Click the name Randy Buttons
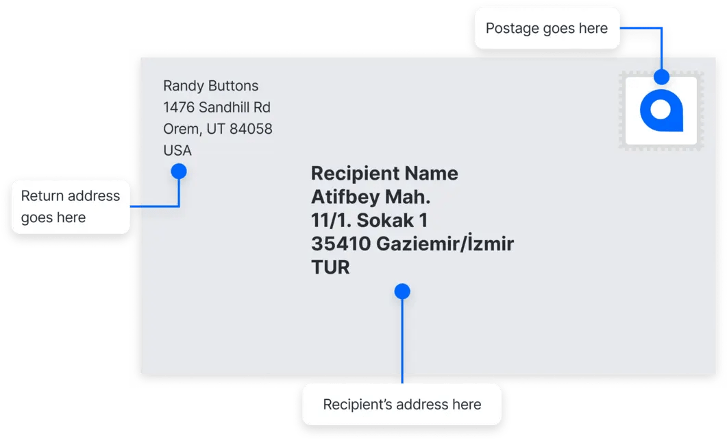point(211,86)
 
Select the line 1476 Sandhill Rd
point(217,107)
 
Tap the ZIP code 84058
point(251,129)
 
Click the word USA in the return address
point(177,150)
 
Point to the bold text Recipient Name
point(384,174)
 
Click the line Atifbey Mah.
point(371,198)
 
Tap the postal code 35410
point(341,243)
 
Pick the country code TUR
point(330,267)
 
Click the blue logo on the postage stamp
point(661,110)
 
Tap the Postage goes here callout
point(546,28)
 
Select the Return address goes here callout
point(71,206)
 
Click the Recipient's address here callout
point(402,404)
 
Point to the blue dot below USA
point(179,171)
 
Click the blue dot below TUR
point(402,291)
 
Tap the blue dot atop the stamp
point(661,76)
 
